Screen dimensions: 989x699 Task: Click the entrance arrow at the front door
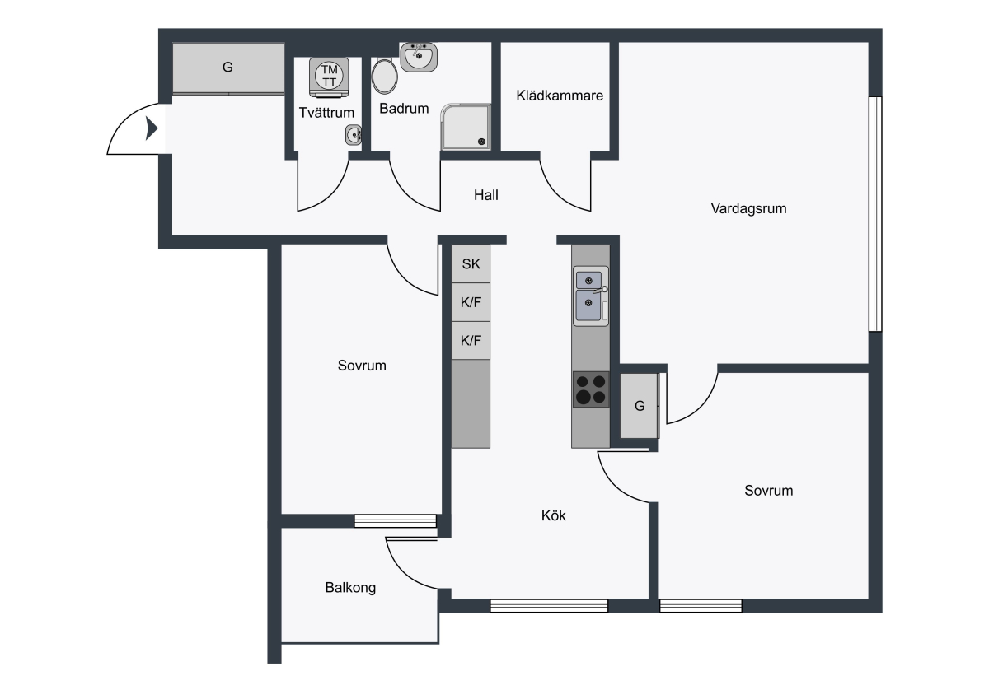[152, 128]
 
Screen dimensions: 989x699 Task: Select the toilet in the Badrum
[385, 76]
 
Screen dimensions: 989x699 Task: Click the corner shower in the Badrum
[466, 127]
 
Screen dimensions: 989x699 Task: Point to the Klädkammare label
[560, 96]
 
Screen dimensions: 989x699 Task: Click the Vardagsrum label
[748, 208]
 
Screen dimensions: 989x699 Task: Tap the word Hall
[485, 195]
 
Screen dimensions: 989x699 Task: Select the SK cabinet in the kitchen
[471, 263]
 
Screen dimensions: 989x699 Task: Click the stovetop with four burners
[591, 389]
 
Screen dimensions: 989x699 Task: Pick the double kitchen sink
[591, 296]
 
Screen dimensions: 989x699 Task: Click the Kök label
[553, 515]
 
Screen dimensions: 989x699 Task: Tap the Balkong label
[350, 588]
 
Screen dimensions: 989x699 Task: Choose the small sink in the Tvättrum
[354, 135]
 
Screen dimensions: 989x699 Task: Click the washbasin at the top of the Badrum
[419, 57]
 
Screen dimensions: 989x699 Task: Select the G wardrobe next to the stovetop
[640, 406]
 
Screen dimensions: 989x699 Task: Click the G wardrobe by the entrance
[227, 68]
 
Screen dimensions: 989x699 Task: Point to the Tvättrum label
[326, 113]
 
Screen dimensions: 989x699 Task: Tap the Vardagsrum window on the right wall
[875, 214]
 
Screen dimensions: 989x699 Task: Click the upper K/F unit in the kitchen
[471, 302]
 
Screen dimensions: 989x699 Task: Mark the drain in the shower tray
[481, 142]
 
